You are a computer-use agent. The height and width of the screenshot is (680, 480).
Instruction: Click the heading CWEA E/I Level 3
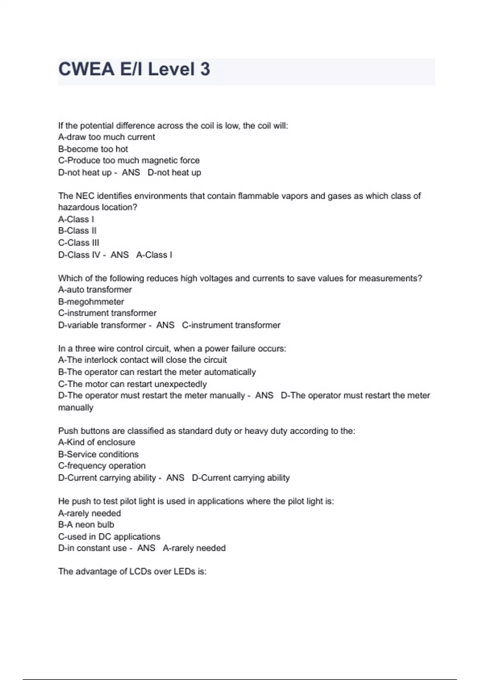[x=134, y=69]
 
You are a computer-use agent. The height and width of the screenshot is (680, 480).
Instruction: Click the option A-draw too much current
[x=106, y=137]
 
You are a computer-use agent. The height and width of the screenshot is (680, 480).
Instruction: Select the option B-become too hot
[x=93, y=149]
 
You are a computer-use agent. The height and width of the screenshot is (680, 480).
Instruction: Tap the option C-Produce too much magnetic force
[x=129, y=161]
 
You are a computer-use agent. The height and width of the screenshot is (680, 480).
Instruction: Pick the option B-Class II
[x=77, y=231]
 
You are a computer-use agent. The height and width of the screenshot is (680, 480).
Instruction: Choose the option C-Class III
[x=78, y=243]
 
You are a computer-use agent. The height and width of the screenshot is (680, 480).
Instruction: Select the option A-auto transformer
[x=95, y=290]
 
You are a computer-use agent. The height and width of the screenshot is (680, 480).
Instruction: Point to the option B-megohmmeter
[x=91, y=302]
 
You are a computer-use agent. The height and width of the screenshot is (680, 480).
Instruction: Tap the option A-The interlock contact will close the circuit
[x=142, y=360]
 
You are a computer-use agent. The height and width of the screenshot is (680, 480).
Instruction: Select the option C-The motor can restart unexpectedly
[x=132, y=384]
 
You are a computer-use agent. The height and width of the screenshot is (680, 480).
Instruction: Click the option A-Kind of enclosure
[x=96, y=442]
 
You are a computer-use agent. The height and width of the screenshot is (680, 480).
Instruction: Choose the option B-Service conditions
[x=98, y=454]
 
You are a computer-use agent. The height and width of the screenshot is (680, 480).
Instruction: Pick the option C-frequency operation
[x=102, y=466]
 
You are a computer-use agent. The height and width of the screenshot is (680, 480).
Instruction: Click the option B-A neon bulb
[x=86, y=525]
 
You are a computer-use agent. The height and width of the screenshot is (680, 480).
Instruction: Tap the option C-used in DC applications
[x=109, y=537]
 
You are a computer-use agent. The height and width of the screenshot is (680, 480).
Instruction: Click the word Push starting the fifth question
[x=68, y=431]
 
